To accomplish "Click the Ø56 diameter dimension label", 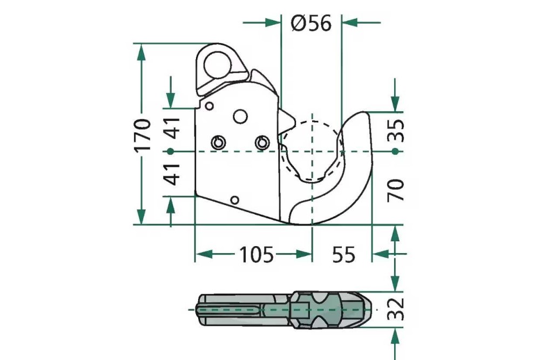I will [x=310, y=23].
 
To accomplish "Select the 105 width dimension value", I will [x=256, y=254].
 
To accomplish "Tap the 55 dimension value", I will [x=343, y=254].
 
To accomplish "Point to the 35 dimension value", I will [x=397, y=130].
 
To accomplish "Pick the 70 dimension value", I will [x=397, y=191].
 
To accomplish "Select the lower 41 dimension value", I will [x=172, y=174].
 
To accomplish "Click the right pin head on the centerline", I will [x=262, y=142].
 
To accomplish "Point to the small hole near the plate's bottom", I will [x=234, y=200].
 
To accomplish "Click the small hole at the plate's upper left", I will [x=210, y=105].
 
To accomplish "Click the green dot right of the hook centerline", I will [x=396, y=152].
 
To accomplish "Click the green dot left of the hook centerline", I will [x=171, y=151].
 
